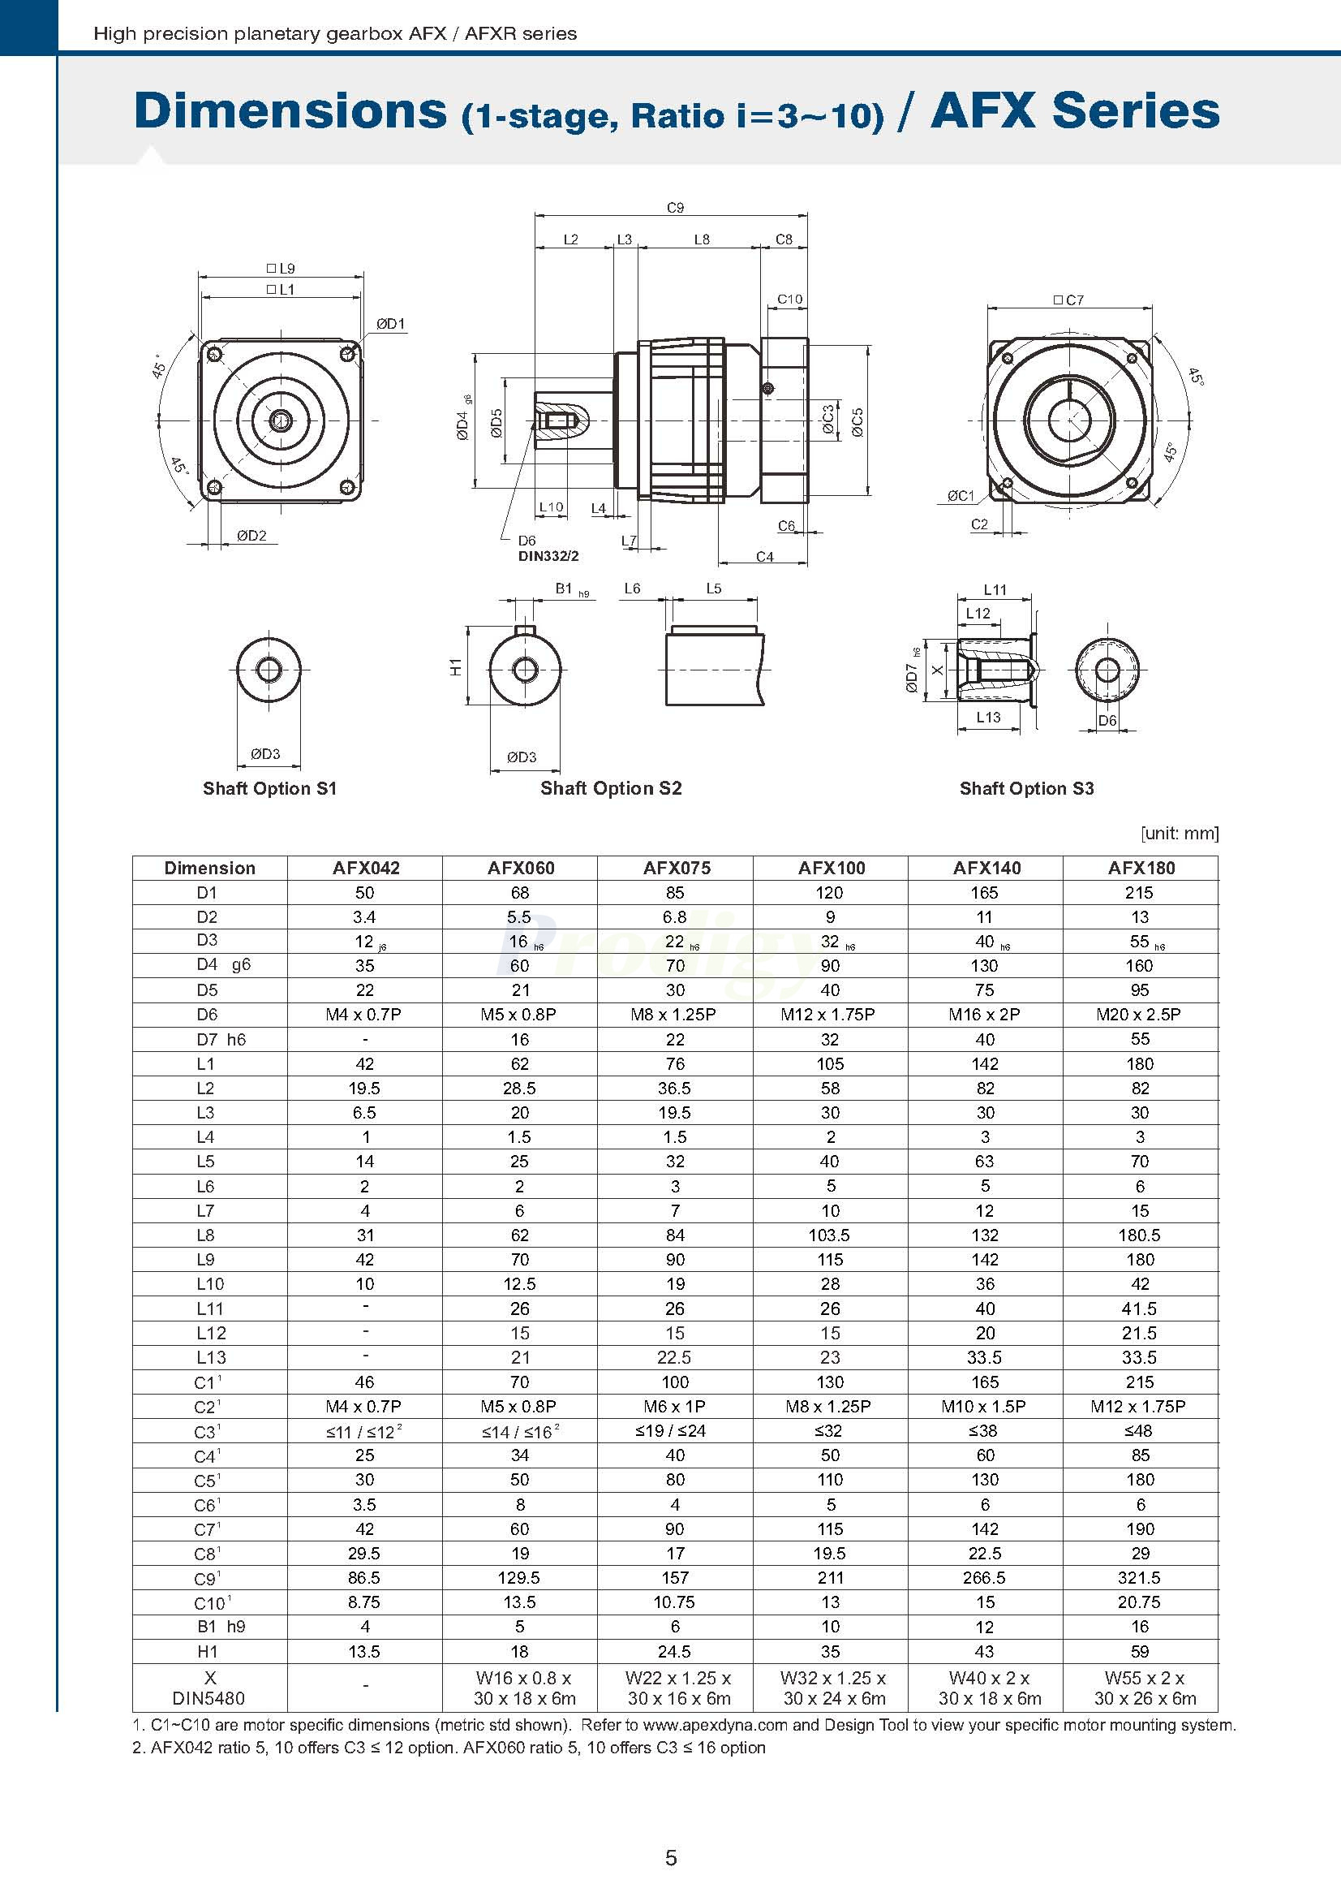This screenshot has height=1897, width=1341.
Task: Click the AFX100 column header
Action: click(831, 868)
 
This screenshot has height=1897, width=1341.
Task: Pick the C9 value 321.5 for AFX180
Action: click(1139, 1578)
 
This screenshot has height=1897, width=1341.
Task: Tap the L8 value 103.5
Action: click(830, 1235)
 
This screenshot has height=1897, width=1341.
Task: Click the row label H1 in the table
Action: click(207, 1651)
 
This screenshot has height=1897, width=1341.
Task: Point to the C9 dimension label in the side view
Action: click(676, 208)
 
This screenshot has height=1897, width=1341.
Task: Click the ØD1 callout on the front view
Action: click(390, 324)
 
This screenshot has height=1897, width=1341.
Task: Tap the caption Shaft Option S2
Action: click(611, 788)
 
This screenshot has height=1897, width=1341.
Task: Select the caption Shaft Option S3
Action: click(1026, 788)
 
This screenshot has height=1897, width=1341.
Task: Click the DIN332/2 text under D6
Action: click(548, 556)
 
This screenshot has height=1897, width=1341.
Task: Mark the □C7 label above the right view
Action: click(1068, 300)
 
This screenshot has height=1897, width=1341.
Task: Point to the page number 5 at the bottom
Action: click(670, 1858)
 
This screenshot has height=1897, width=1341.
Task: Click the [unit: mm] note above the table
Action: click(1180, 833)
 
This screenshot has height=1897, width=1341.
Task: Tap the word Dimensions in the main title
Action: click(290, 110)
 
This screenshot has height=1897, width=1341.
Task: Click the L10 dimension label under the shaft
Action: click(551, 507)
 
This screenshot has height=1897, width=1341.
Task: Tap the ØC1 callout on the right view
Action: click(961, 496)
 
